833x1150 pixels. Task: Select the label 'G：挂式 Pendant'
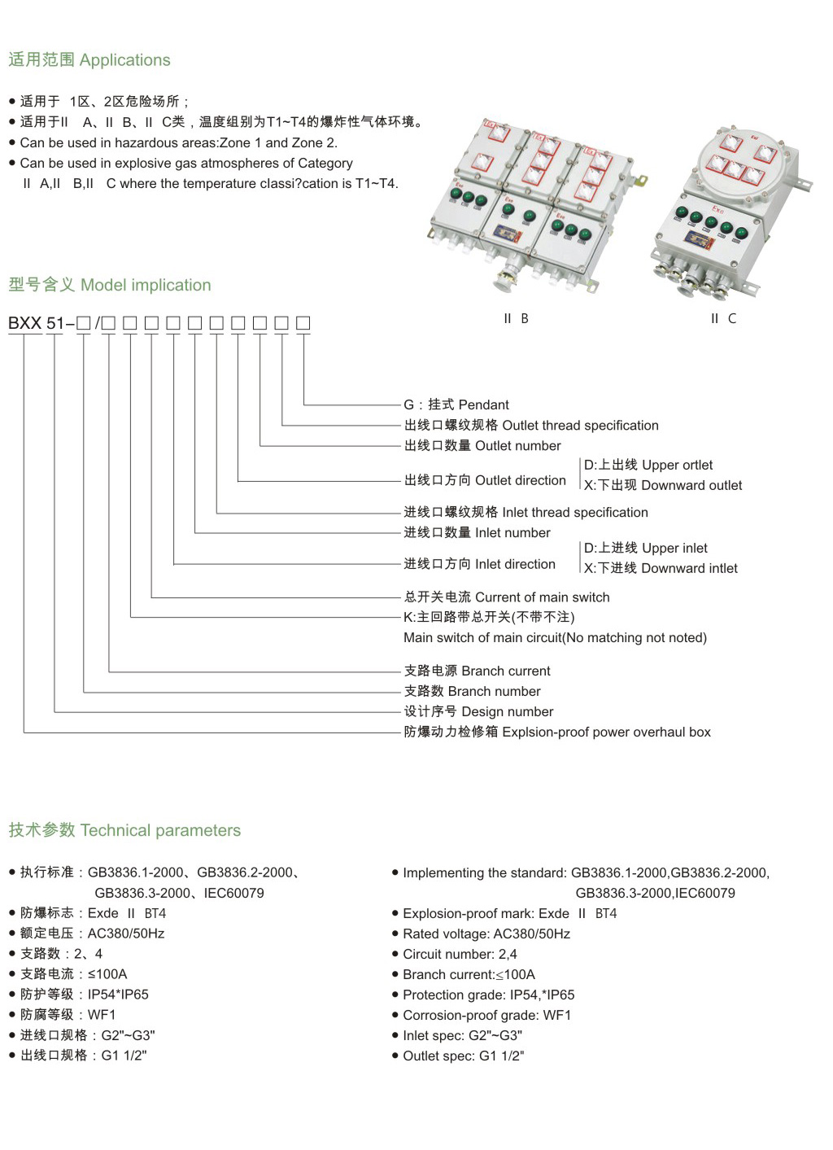tap(456, 404)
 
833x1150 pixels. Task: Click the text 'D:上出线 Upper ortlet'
tap(648, 465)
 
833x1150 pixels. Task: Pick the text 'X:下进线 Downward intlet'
tap(661, 568)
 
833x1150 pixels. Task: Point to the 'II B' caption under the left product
tap(516, 318)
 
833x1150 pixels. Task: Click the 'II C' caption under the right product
tap(722, 318)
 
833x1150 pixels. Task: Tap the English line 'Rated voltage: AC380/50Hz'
tap(486, 934)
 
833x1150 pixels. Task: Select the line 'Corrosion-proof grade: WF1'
tap(486, 1015)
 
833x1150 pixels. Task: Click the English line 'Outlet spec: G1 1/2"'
tap(463, 1056)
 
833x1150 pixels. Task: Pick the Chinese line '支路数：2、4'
tap(61, 953)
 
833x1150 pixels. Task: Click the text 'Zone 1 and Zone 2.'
tap(278, 142)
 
